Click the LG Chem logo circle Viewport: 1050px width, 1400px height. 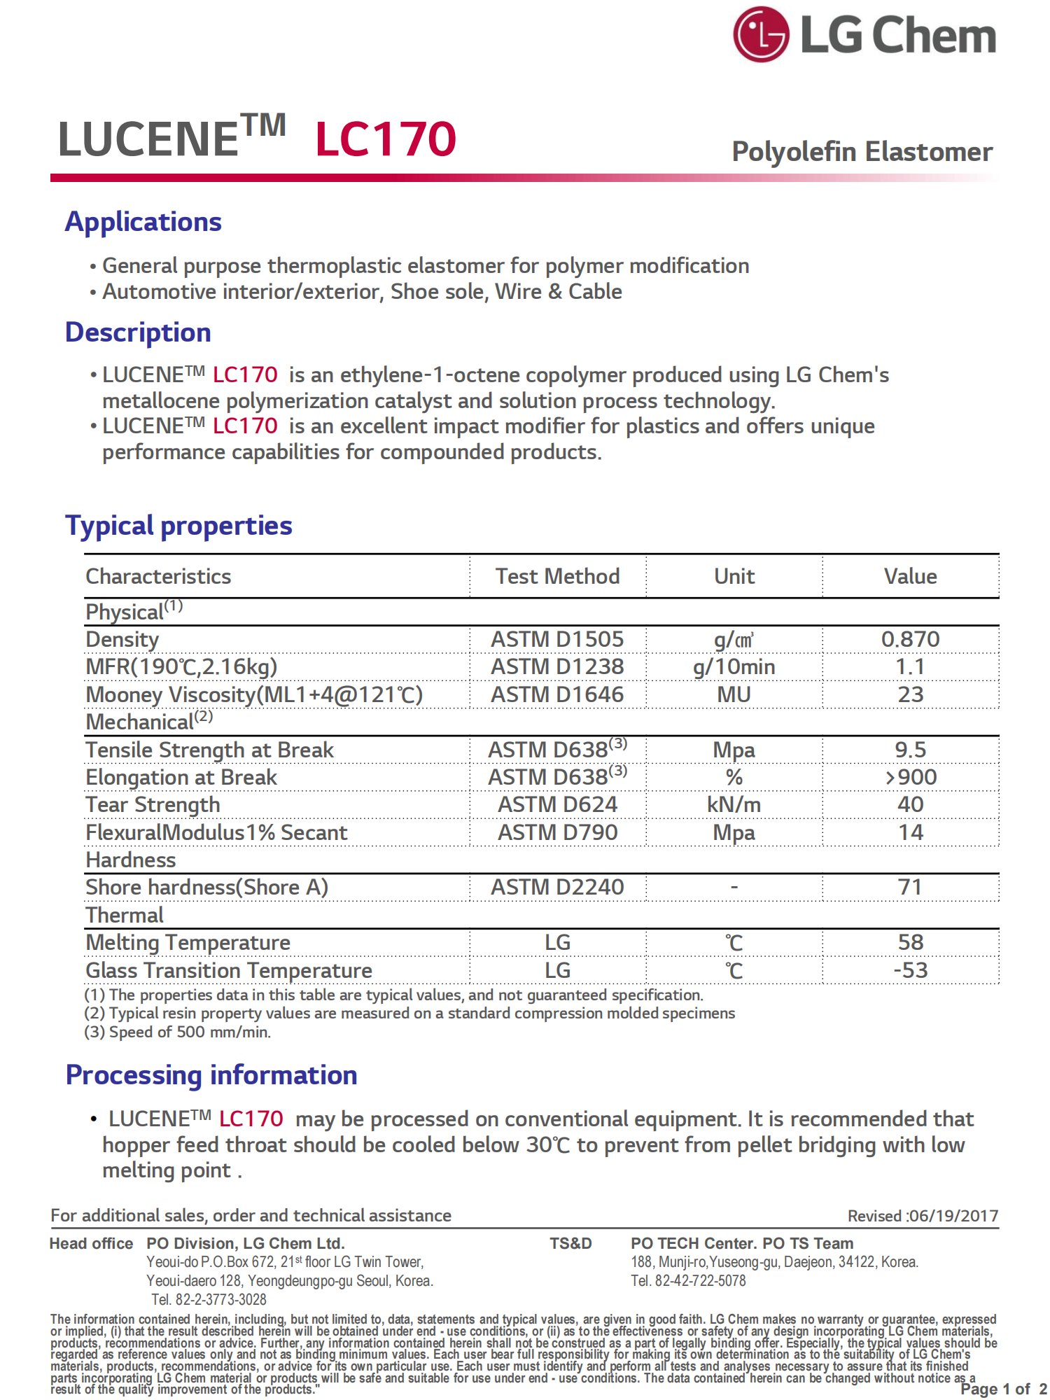pos(760,34)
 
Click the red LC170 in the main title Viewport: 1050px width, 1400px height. pos(386,138)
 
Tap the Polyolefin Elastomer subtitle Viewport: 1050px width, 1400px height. pos(862,152)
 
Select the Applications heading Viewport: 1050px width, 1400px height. pos(143,222)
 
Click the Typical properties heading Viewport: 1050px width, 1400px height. pos(178,526)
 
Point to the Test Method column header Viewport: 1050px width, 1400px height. pos(557,576)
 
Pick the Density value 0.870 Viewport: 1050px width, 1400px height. pos(910,639)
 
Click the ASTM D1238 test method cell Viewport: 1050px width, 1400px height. pos(557,666)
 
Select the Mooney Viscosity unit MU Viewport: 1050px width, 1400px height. pos(734,694)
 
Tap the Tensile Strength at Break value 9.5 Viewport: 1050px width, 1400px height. pos(910,750)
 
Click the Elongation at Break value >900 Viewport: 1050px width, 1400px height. pos(910,777)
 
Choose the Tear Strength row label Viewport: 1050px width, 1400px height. pos(153,805)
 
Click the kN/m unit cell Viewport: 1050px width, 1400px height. pos(734,805)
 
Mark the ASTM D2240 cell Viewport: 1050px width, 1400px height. pos(557,887)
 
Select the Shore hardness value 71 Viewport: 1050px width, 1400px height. pos(910,887)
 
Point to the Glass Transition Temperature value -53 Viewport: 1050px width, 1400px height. pos(910,970)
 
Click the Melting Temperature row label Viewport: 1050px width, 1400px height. pos(188,943)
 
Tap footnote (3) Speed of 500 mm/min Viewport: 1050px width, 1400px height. pos(178,1032)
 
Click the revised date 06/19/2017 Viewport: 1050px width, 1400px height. pos(953,1216)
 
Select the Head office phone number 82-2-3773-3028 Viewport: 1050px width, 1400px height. pos(220,1300)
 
